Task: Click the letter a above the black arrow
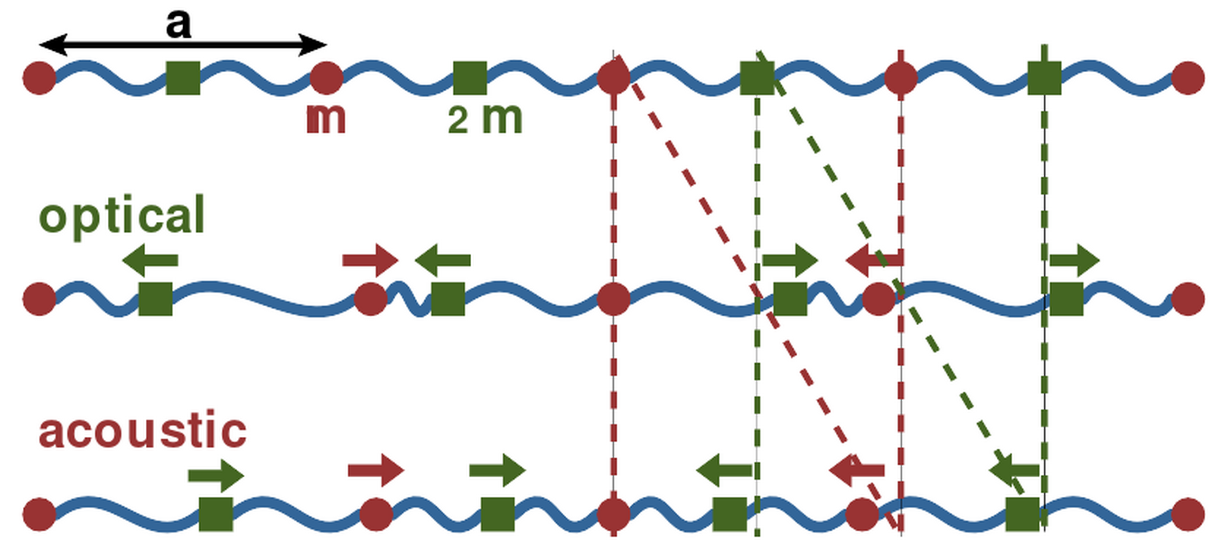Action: (x=178, y=25)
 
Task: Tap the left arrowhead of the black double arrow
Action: (x=52, y=45)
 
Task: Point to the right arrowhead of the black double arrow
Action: (x=313, y=45)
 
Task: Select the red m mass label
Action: (x=327, y=119)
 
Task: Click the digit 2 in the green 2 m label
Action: (x=458, y=120)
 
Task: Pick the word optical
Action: (x=122, y=216)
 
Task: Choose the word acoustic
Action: (x=142, y=429)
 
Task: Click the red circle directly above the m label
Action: (x=327, y=77)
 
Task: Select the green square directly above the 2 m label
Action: (x=470, y=78)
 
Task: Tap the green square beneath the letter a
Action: (x=183, y=78)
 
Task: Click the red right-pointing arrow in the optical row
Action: (x=370, y=260)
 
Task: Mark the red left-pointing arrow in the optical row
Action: (x=874, y=260)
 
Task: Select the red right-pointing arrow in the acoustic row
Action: (x=376, y=471)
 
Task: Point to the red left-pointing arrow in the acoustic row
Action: (x=857, y=471)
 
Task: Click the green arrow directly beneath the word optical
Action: (x=150, y=260)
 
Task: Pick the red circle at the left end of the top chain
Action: (x=39, y=78)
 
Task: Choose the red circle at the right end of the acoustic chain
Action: (x=1188, y=514)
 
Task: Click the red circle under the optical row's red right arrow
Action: (x=371, y=299)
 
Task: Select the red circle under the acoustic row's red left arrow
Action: (x=862, y=514)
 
